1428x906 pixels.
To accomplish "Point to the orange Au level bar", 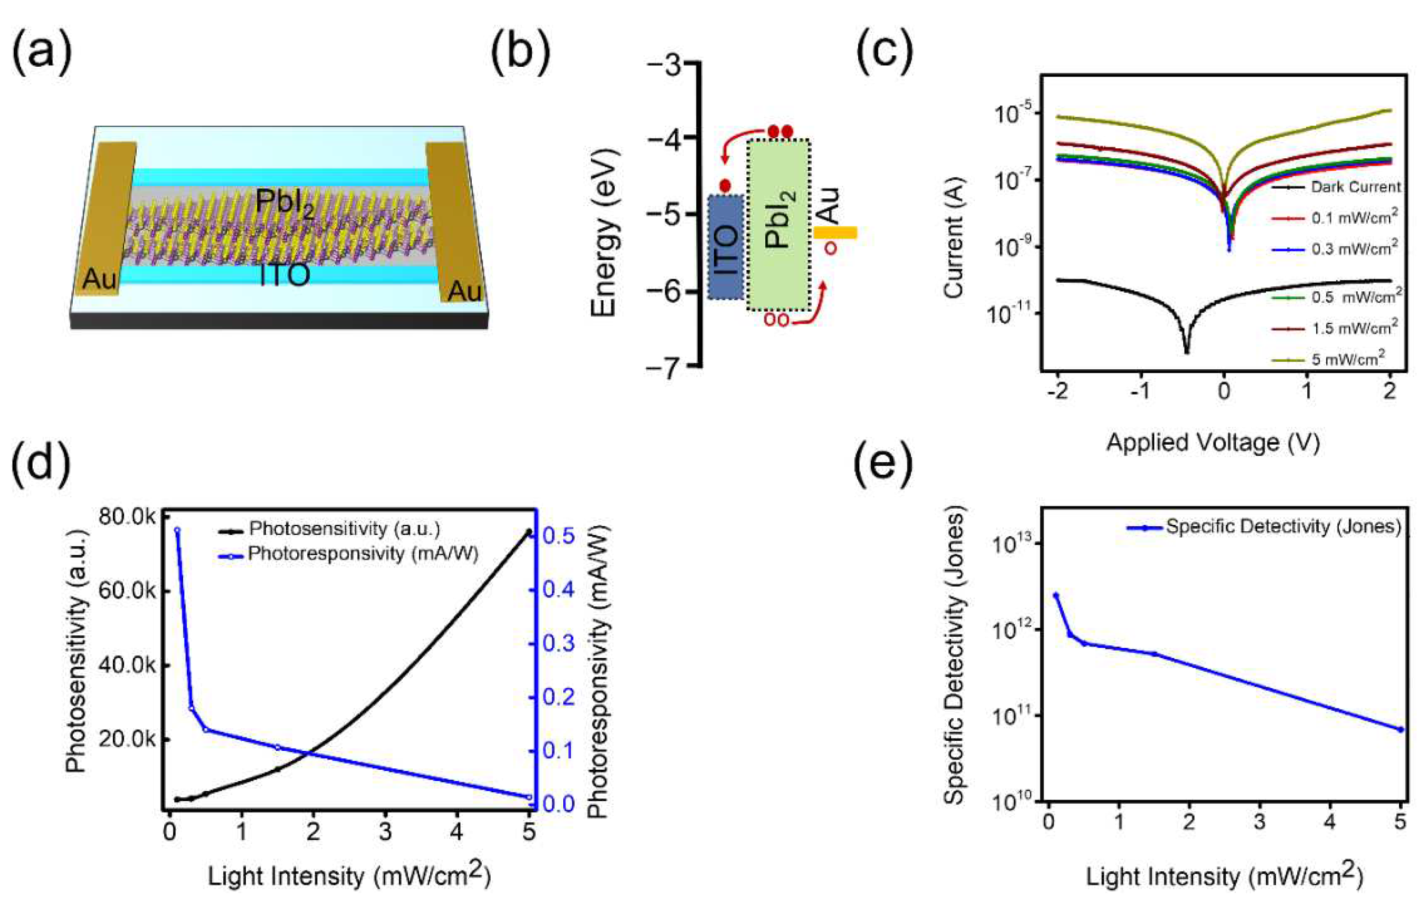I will tap(835, 232).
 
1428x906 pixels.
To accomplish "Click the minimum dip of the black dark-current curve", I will tap(1187, 351).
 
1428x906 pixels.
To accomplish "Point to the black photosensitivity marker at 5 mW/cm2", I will tap(528, 532).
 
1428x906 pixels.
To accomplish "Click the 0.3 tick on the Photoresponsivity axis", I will tap(559, 644).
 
